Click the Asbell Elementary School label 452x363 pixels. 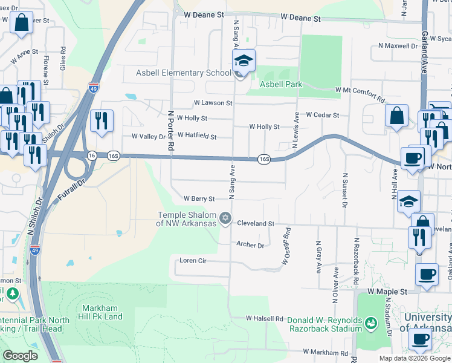tap(183, 73)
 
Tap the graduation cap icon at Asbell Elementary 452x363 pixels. tap(244, 60)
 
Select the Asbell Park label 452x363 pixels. tap(281, 84)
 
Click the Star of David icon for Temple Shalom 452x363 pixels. tap(225, 218)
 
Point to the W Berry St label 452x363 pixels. tap(199, 198)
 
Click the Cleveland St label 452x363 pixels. tap(256, 223)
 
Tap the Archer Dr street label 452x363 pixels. tap(250, 245)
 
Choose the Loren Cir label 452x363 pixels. tap(193, 261)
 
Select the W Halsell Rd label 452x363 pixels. tap(265, 318)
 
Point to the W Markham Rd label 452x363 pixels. tap(326, 352)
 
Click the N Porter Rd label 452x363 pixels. tap(171, 129)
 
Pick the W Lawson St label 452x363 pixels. tap(213, 103)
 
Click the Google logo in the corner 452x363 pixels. tap(21, 356)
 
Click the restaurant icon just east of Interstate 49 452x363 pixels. tap(102, 121)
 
